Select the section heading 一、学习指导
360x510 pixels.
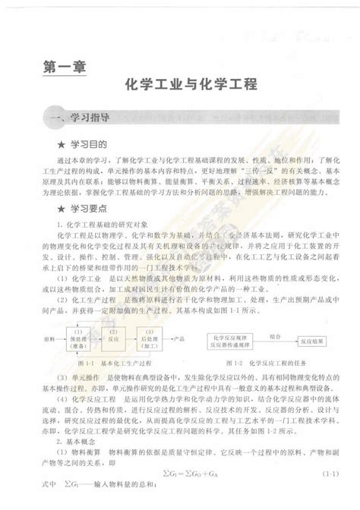(x=78, y=118)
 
